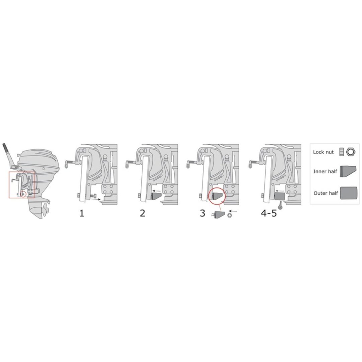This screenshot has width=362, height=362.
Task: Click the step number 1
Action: point(82,213)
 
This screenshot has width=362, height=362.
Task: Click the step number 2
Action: point(143,213)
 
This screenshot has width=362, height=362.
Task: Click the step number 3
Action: point(202,213)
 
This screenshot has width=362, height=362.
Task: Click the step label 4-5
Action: point(269,213)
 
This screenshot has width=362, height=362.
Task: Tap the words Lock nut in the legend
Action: point(323,152)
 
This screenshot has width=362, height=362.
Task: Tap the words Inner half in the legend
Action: point(325,172)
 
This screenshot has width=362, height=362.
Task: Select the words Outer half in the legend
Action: point(325,193)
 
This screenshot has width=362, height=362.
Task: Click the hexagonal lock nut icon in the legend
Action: point(351,152)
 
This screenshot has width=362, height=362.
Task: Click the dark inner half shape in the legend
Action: point(348,172)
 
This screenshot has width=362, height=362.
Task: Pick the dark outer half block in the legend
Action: point(349,193)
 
